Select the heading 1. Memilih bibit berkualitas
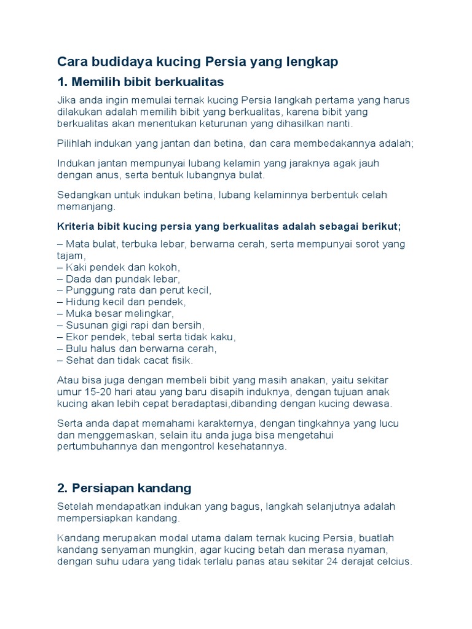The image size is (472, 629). (141, 82)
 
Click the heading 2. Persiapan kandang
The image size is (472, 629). (124, 488)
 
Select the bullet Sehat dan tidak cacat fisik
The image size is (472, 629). (125, 360)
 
